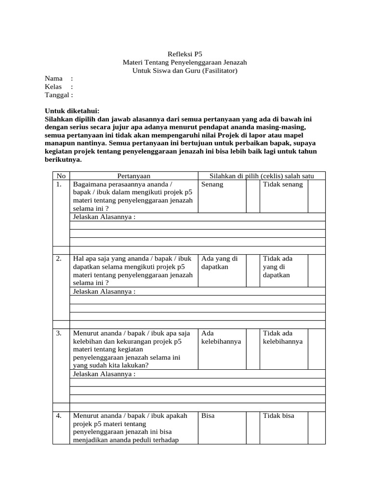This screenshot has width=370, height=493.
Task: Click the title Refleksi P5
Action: tap(185, 54)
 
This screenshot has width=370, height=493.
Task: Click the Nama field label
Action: tap(54, 78)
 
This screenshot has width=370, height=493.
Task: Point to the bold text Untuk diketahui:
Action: tap(72, 111)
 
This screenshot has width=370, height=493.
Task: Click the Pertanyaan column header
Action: tap(133, 176)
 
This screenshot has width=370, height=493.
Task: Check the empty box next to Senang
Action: tap(252, 196)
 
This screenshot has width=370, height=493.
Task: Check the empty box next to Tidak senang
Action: tap(317, 196)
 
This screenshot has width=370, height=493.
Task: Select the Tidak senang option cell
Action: tap(283, 184)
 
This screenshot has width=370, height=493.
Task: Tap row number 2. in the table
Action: tap(59, 259)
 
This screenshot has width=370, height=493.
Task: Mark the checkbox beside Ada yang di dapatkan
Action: tap(252, 271)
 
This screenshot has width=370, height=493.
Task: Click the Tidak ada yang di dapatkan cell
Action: tap(277, 267)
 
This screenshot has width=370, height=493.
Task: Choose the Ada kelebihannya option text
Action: tap(221, 337)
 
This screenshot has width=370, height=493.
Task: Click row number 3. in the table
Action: tap(59, 333)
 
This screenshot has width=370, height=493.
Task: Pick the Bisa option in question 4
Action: tap(208, 416)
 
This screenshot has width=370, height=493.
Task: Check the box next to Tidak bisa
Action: tap(317, 427)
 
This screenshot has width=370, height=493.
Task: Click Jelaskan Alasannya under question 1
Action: tap(104, 217)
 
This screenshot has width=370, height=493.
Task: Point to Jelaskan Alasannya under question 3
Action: tap(104, 374)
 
